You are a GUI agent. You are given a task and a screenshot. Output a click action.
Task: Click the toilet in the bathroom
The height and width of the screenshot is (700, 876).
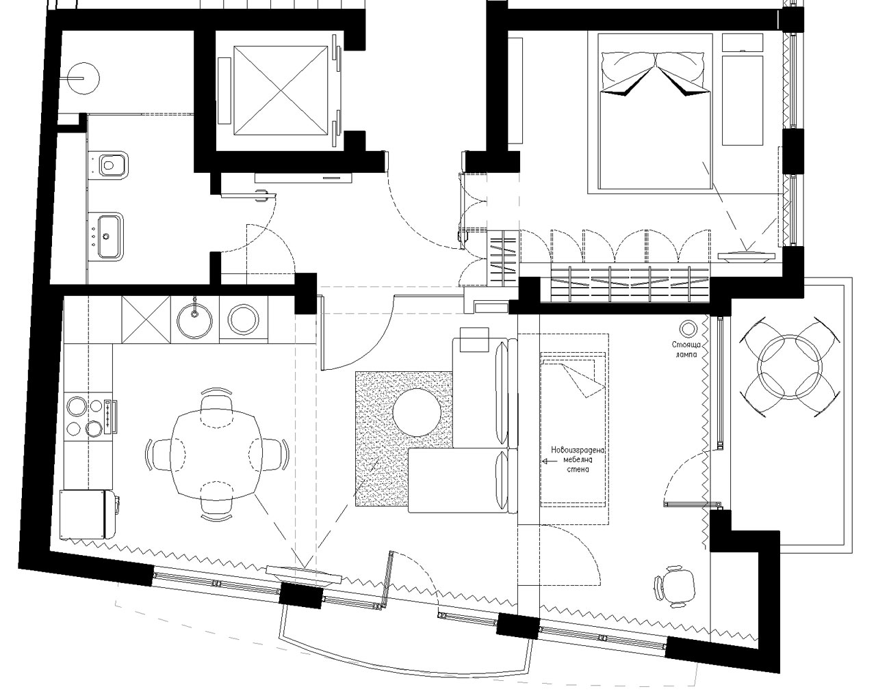tap(111, 164)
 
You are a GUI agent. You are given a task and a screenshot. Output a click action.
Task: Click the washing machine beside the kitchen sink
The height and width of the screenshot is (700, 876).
tap(243, 318)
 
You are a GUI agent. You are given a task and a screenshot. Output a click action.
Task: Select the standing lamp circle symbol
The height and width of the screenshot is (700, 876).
tap(687, 328)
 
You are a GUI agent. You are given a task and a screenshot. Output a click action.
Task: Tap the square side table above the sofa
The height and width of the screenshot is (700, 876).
tap(473, 340)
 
